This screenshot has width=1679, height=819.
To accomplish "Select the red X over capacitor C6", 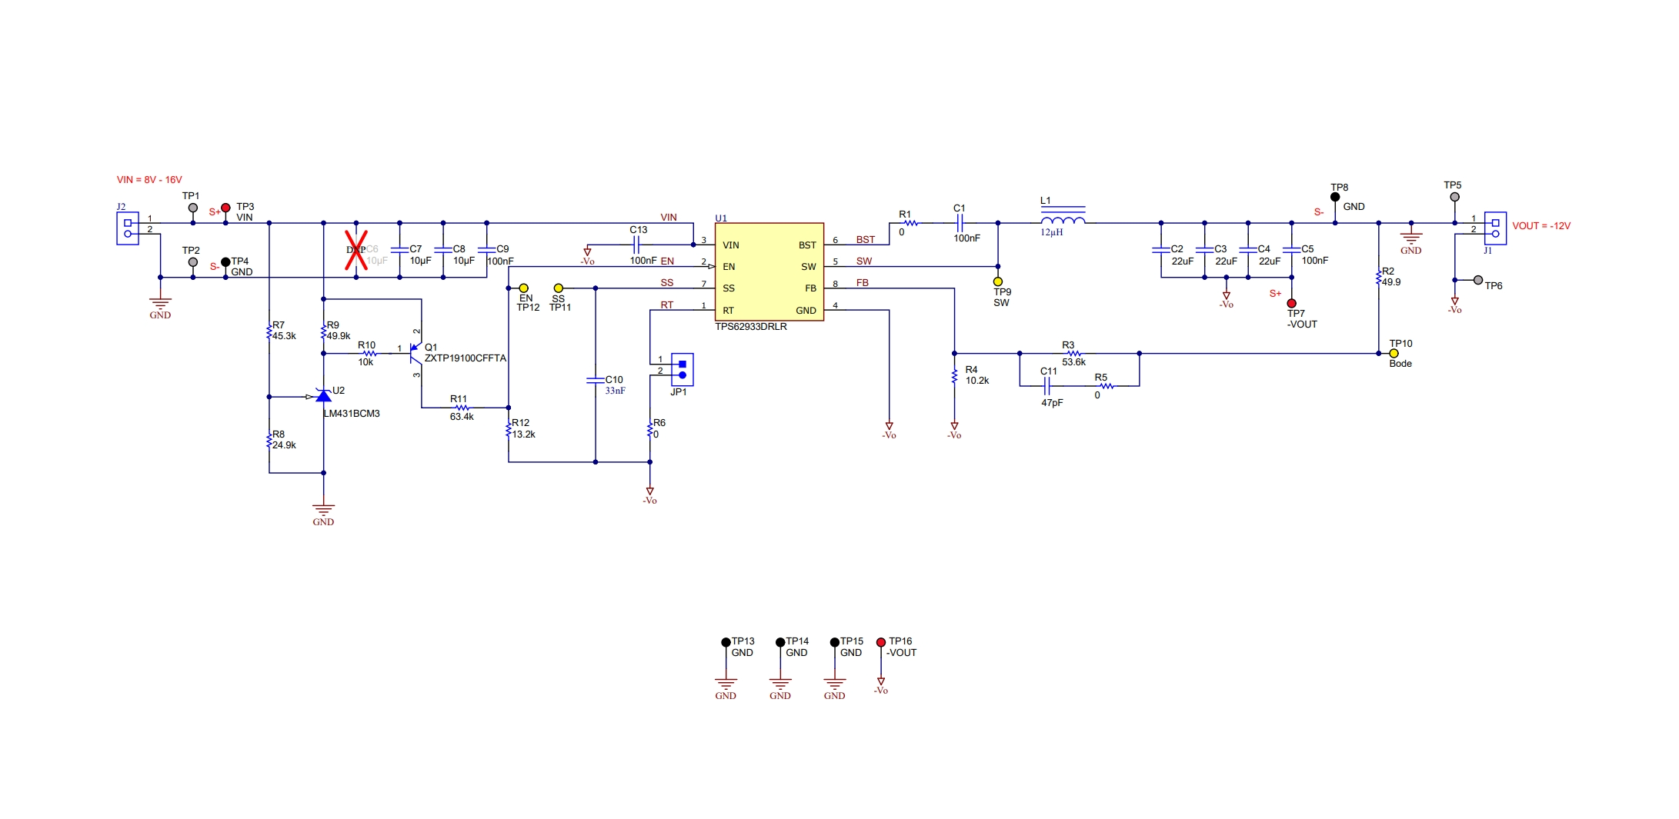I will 355,250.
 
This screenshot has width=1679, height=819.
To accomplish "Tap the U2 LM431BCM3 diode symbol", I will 324,396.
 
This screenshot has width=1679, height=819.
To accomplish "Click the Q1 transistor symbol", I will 416,354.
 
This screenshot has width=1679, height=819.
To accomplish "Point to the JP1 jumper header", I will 682,369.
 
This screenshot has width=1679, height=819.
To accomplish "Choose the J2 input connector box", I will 128,228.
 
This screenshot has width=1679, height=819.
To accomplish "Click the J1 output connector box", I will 1495,228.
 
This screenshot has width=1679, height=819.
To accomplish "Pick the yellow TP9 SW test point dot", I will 998,281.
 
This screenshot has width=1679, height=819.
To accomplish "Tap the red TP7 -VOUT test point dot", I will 1291,304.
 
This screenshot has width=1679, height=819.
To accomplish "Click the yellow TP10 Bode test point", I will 1394,354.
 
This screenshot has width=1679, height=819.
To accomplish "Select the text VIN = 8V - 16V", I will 149,180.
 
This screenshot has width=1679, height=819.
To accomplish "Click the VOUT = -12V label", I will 1540,226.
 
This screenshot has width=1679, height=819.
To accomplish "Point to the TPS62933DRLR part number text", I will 750,327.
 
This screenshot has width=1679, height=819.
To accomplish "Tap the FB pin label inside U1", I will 810,288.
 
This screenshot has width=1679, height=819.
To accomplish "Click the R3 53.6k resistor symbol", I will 1074,354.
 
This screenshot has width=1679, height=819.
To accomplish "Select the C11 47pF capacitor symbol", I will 1046,386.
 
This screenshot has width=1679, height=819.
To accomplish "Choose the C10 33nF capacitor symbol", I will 595,380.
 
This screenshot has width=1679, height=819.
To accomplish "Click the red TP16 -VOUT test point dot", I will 881,642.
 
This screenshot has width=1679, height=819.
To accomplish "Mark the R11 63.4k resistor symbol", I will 462,408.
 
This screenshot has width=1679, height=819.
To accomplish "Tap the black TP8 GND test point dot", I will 1335,197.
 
